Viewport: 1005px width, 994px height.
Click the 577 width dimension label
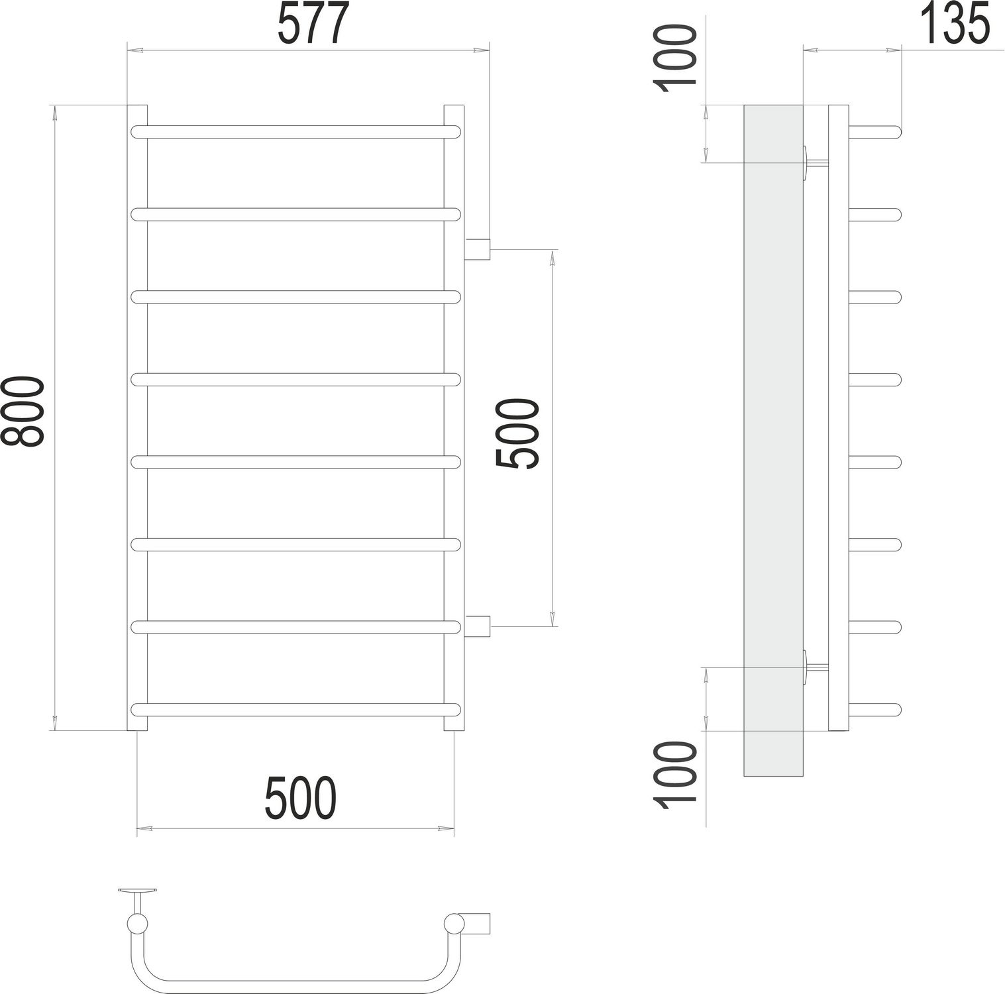312,25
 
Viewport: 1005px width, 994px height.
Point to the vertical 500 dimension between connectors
519,434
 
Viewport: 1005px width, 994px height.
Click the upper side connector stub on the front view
477,249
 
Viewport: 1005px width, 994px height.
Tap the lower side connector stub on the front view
477,626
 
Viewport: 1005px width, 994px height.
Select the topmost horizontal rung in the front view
295,131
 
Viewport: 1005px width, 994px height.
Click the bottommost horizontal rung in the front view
295,709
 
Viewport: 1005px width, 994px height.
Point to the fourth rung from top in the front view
295,380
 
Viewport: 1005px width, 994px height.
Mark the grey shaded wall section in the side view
773,437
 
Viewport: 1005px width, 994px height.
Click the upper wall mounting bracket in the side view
813,163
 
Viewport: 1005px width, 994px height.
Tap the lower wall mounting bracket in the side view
813,668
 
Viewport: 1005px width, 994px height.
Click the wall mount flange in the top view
137,891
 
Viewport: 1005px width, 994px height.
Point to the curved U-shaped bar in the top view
291,979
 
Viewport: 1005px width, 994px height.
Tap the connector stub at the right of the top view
478,922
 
